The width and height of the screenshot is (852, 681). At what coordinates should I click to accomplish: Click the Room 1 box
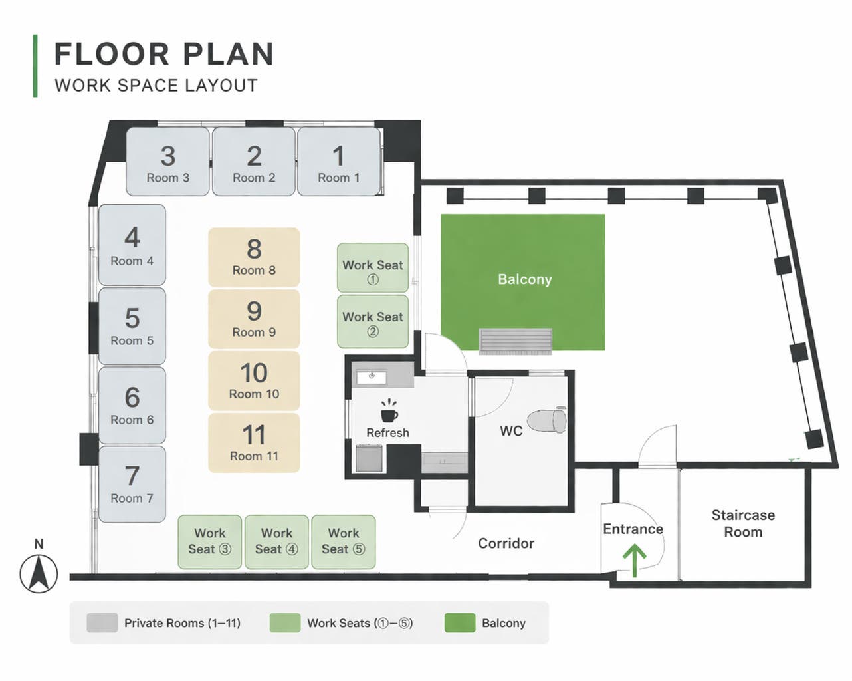pyautogui.click(x=339, y=161)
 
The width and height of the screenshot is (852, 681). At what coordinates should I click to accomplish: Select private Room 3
pyautogui.click(x=168, y=161)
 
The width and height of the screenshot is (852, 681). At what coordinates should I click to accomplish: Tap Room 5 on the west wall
pyautogui.click(x=132, y=326)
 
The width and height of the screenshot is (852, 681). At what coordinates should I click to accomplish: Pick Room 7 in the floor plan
pyautogui.click(x=132, y=484)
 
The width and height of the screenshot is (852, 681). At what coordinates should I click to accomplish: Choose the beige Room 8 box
pyautogui.click(x=254, y=257)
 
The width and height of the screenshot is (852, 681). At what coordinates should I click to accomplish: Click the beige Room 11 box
pyautogui.click(x=254, y=442)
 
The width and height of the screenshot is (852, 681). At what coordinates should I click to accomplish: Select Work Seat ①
pyautogui.click(x=373, y=268)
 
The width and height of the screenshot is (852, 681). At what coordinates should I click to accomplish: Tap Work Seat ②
pyautogui.click(x=373, y=321)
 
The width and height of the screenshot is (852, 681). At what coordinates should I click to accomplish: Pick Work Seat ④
pyautogui.click(x=276, y=542)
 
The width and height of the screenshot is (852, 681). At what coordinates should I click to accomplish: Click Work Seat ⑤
pyautogui.click(x=344, y=542)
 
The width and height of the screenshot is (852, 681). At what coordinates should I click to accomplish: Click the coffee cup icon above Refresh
pyautogui.click(x=389, y=411)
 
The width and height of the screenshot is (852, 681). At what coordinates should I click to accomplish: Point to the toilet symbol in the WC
pyautogui.click(x=547, y=420)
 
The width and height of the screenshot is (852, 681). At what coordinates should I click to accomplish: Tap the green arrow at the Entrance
pyautogui.click(x=635, y=560)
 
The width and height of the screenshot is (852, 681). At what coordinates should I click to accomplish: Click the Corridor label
pyautogui.click(x=506, y=543)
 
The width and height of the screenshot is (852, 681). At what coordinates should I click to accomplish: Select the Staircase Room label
pyautogui.click(x=743, y=523)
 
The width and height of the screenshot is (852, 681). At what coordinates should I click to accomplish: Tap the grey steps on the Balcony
pyautogui.click(x=515, y=341)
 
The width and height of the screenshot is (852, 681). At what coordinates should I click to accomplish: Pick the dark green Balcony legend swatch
pyautogui.click(x=460, y=622)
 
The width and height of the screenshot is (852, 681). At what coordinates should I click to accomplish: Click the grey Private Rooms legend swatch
pyautogui.click(x=102, y=622)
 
